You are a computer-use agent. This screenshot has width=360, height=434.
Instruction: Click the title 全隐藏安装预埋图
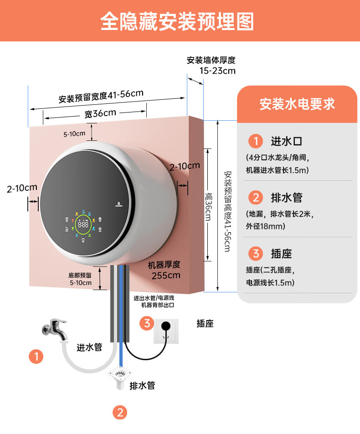177,21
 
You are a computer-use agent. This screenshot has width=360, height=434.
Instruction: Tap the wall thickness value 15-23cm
217,71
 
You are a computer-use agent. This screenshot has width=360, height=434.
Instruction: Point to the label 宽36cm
100,113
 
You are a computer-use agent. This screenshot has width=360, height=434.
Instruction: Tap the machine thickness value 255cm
166,275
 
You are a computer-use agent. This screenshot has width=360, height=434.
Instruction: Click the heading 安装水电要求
297,104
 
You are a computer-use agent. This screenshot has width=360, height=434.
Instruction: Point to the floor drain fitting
119,377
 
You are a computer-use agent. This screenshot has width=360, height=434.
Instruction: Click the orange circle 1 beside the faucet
36,356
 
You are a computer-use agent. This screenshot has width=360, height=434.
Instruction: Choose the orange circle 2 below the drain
120,413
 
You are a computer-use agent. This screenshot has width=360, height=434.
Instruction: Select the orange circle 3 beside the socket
147,323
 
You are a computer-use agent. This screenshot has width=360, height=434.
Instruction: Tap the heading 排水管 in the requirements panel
287,197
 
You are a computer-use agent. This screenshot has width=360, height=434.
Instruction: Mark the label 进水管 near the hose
89,347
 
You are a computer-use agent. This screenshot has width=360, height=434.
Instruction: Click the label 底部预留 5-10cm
80,279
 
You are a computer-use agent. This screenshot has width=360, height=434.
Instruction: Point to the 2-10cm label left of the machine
22,188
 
